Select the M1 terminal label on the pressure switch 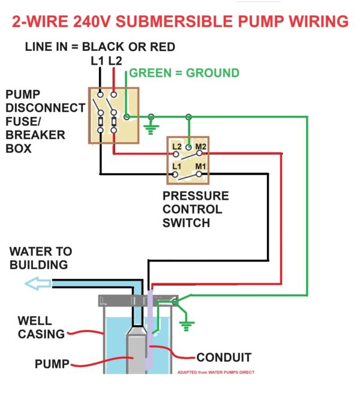click(x=199, y=166)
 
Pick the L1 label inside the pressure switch click(x=177, y=166)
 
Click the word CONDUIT click(x=223, y=357)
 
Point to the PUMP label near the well click(x=51, y=363)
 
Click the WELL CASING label click(x=39, y=327)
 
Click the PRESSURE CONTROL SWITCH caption click(x=196, y=210)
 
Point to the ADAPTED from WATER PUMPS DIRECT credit click(x=215, y=372)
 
